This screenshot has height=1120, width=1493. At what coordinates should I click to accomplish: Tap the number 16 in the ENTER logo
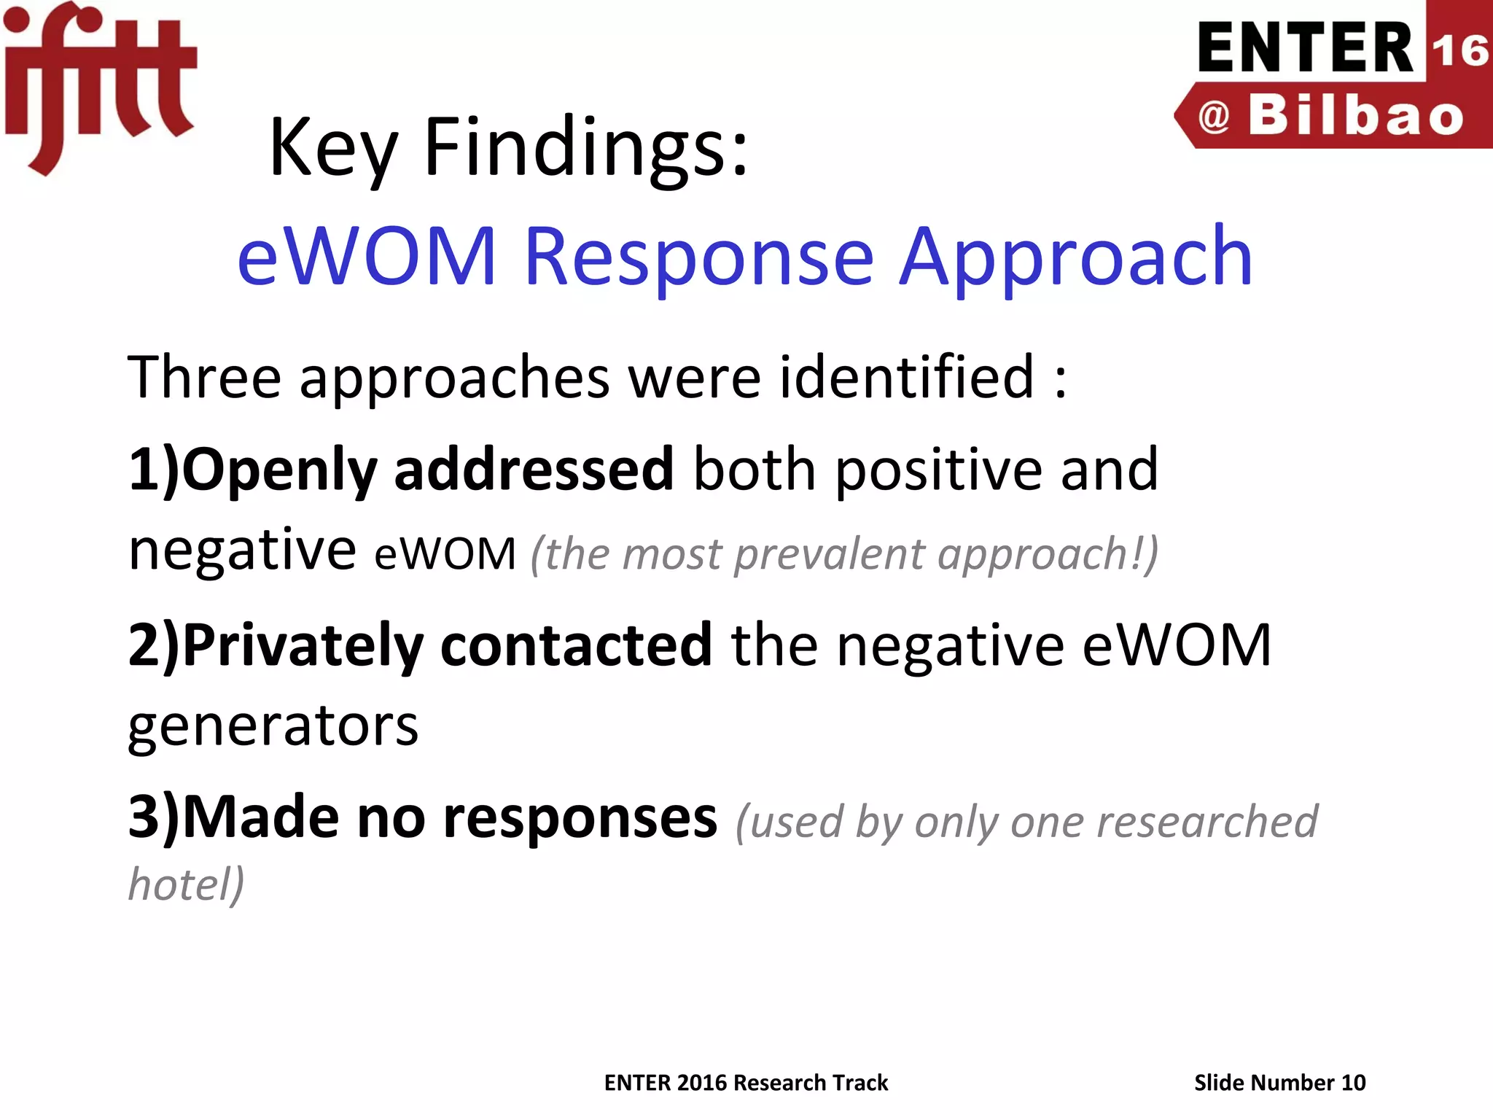[x=1459, y=51]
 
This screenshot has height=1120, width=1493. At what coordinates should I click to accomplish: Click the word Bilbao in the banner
[x=1356, y=117]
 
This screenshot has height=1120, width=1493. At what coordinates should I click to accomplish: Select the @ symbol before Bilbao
[x=1214, y=117]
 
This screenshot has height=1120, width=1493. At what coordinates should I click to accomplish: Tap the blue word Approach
[x=1076, y=258]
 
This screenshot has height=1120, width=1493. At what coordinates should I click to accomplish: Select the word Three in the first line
[x=204, y=378]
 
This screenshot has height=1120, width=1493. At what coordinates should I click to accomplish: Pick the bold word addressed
[x=534, y=470]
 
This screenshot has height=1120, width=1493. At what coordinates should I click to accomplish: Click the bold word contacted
[x=576, y=645]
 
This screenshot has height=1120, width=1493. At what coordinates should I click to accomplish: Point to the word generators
[x=273, y=726]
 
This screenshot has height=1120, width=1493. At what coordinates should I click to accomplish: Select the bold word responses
[x=580, y=818]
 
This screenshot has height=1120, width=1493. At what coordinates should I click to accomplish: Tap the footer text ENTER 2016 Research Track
[x=746, y=1083]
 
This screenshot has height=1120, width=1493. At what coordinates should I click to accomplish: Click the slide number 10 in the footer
[x=1352, y=1083]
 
